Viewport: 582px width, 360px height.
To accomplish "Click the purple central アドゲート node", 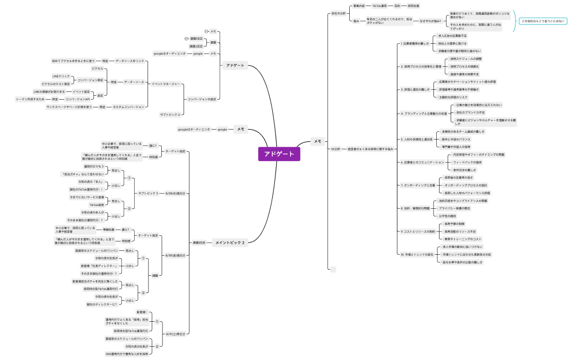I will tap(279, 154).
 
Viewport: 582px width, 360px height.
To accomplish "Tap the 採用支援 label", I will tap(413, 6).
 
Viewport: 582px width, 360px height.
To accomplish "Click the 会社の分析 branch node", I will tap(338, 13).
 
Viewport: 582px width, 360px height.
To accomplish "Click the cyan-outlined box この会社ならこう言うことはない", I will tap(543, 20).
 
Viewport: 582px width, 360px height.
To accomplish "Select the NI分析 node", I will tap(336, 149).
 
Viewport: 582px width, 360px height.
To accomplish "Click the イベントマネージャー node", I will tap(166, 84).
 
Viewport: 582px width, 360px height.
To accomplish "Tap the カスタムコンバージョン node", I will tap(130, 106).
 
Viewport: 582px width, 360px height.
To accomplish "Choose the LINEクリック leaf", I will tap(61, 75).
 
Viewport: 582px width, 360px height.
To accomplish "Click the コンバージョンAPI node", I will tap(78, 99).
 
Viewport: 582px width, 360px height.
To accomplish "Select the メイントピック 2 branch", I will tap(229, 242).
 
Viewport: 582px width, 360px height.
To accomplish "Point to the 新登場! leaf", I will tap(141, 312).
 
